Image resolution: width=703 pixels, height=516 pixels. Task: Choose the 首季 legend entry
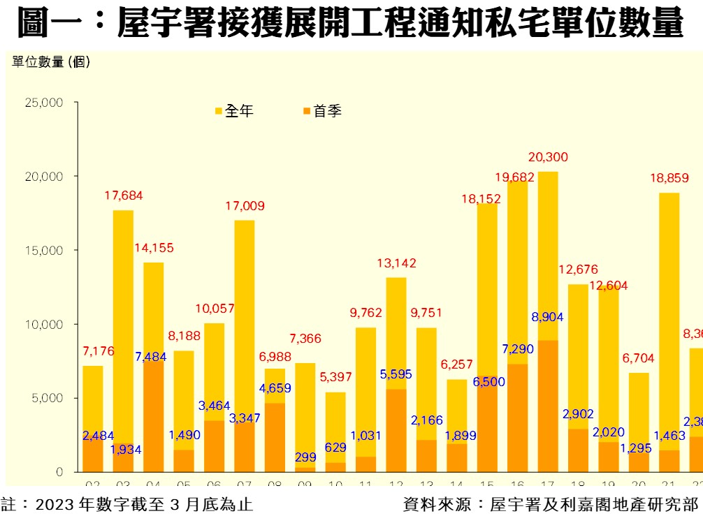tap(324, 111)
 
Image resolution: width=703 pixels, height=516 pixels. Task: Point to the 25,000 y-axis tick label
tap(44, 103)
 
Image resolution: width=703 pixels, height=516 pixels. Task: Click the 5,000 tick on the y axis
tap(48, 398)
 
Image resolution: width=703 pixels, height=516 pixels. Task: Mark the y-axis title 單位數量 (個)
tap(51, 61)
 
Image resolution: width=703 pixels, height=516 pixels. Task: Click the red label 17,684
tap(123, 196)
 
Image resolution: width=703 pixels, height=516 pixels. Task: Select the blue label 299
tap(305, 457)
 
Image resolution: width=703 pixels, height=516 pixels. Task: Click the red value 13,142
tap(396, 263)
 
